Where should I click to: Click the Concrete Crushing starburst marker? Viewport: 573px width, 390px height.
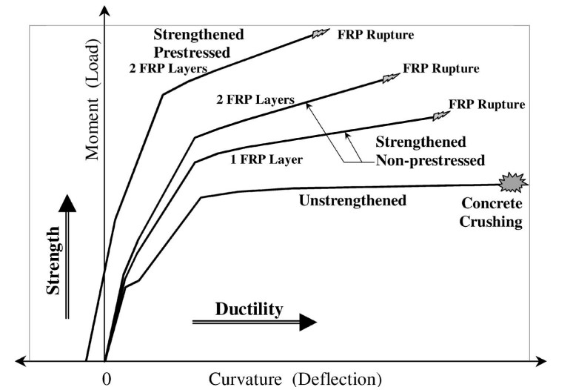pos(513,182)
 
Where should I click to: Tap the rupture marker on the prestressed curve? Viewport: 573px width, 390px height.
pos(321,33)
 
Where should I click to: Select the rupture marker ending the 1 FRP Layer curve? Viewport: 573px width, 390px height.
pos(441,116)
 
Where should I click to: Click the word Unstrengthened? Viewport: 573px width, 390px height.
pos(352,200)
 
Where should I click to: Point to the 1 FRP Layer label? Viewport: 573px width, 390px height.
pos(267,159)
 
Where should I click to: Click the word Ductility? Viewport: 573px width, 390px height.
pos(249,309)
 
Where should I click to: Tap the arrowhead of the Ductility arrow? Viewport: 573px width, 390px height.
pos(308,322)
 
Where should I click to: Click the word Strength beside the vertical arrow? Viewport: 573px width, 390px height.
pos(53,260)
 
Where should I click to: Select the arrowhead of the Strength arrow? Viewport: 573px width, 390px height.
pos(67,203)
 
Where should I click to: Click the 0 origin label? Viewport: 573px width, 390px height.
pos(107,380)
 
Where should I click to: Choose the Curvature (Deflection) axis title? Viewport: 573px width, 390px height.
pos(295,380)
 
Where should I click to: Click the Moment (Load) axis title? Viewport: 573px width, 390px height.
pos(92,99)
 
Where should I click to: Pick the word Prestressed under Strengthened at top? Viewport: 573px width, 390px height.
pos(192,53)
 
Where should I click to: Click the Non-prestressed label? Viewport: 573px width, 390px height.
pos(430,160)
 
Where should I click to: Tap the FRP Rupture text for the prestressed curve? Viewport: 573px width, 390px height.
pos(375,35)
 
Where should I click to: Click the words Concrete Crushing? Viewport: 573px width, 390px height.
pos(491,212)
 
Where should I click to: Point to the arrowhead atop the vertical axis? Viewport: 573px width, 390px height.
pos(105,11)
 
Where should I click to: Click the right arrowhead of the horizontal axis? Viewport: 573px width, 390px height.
pos(541,362)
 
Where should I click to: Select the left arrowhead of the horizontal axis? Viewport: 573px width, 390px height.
pos(21,362)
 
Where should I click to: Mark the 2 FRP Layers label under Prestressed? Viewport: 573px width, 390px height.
pos(168,68)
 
